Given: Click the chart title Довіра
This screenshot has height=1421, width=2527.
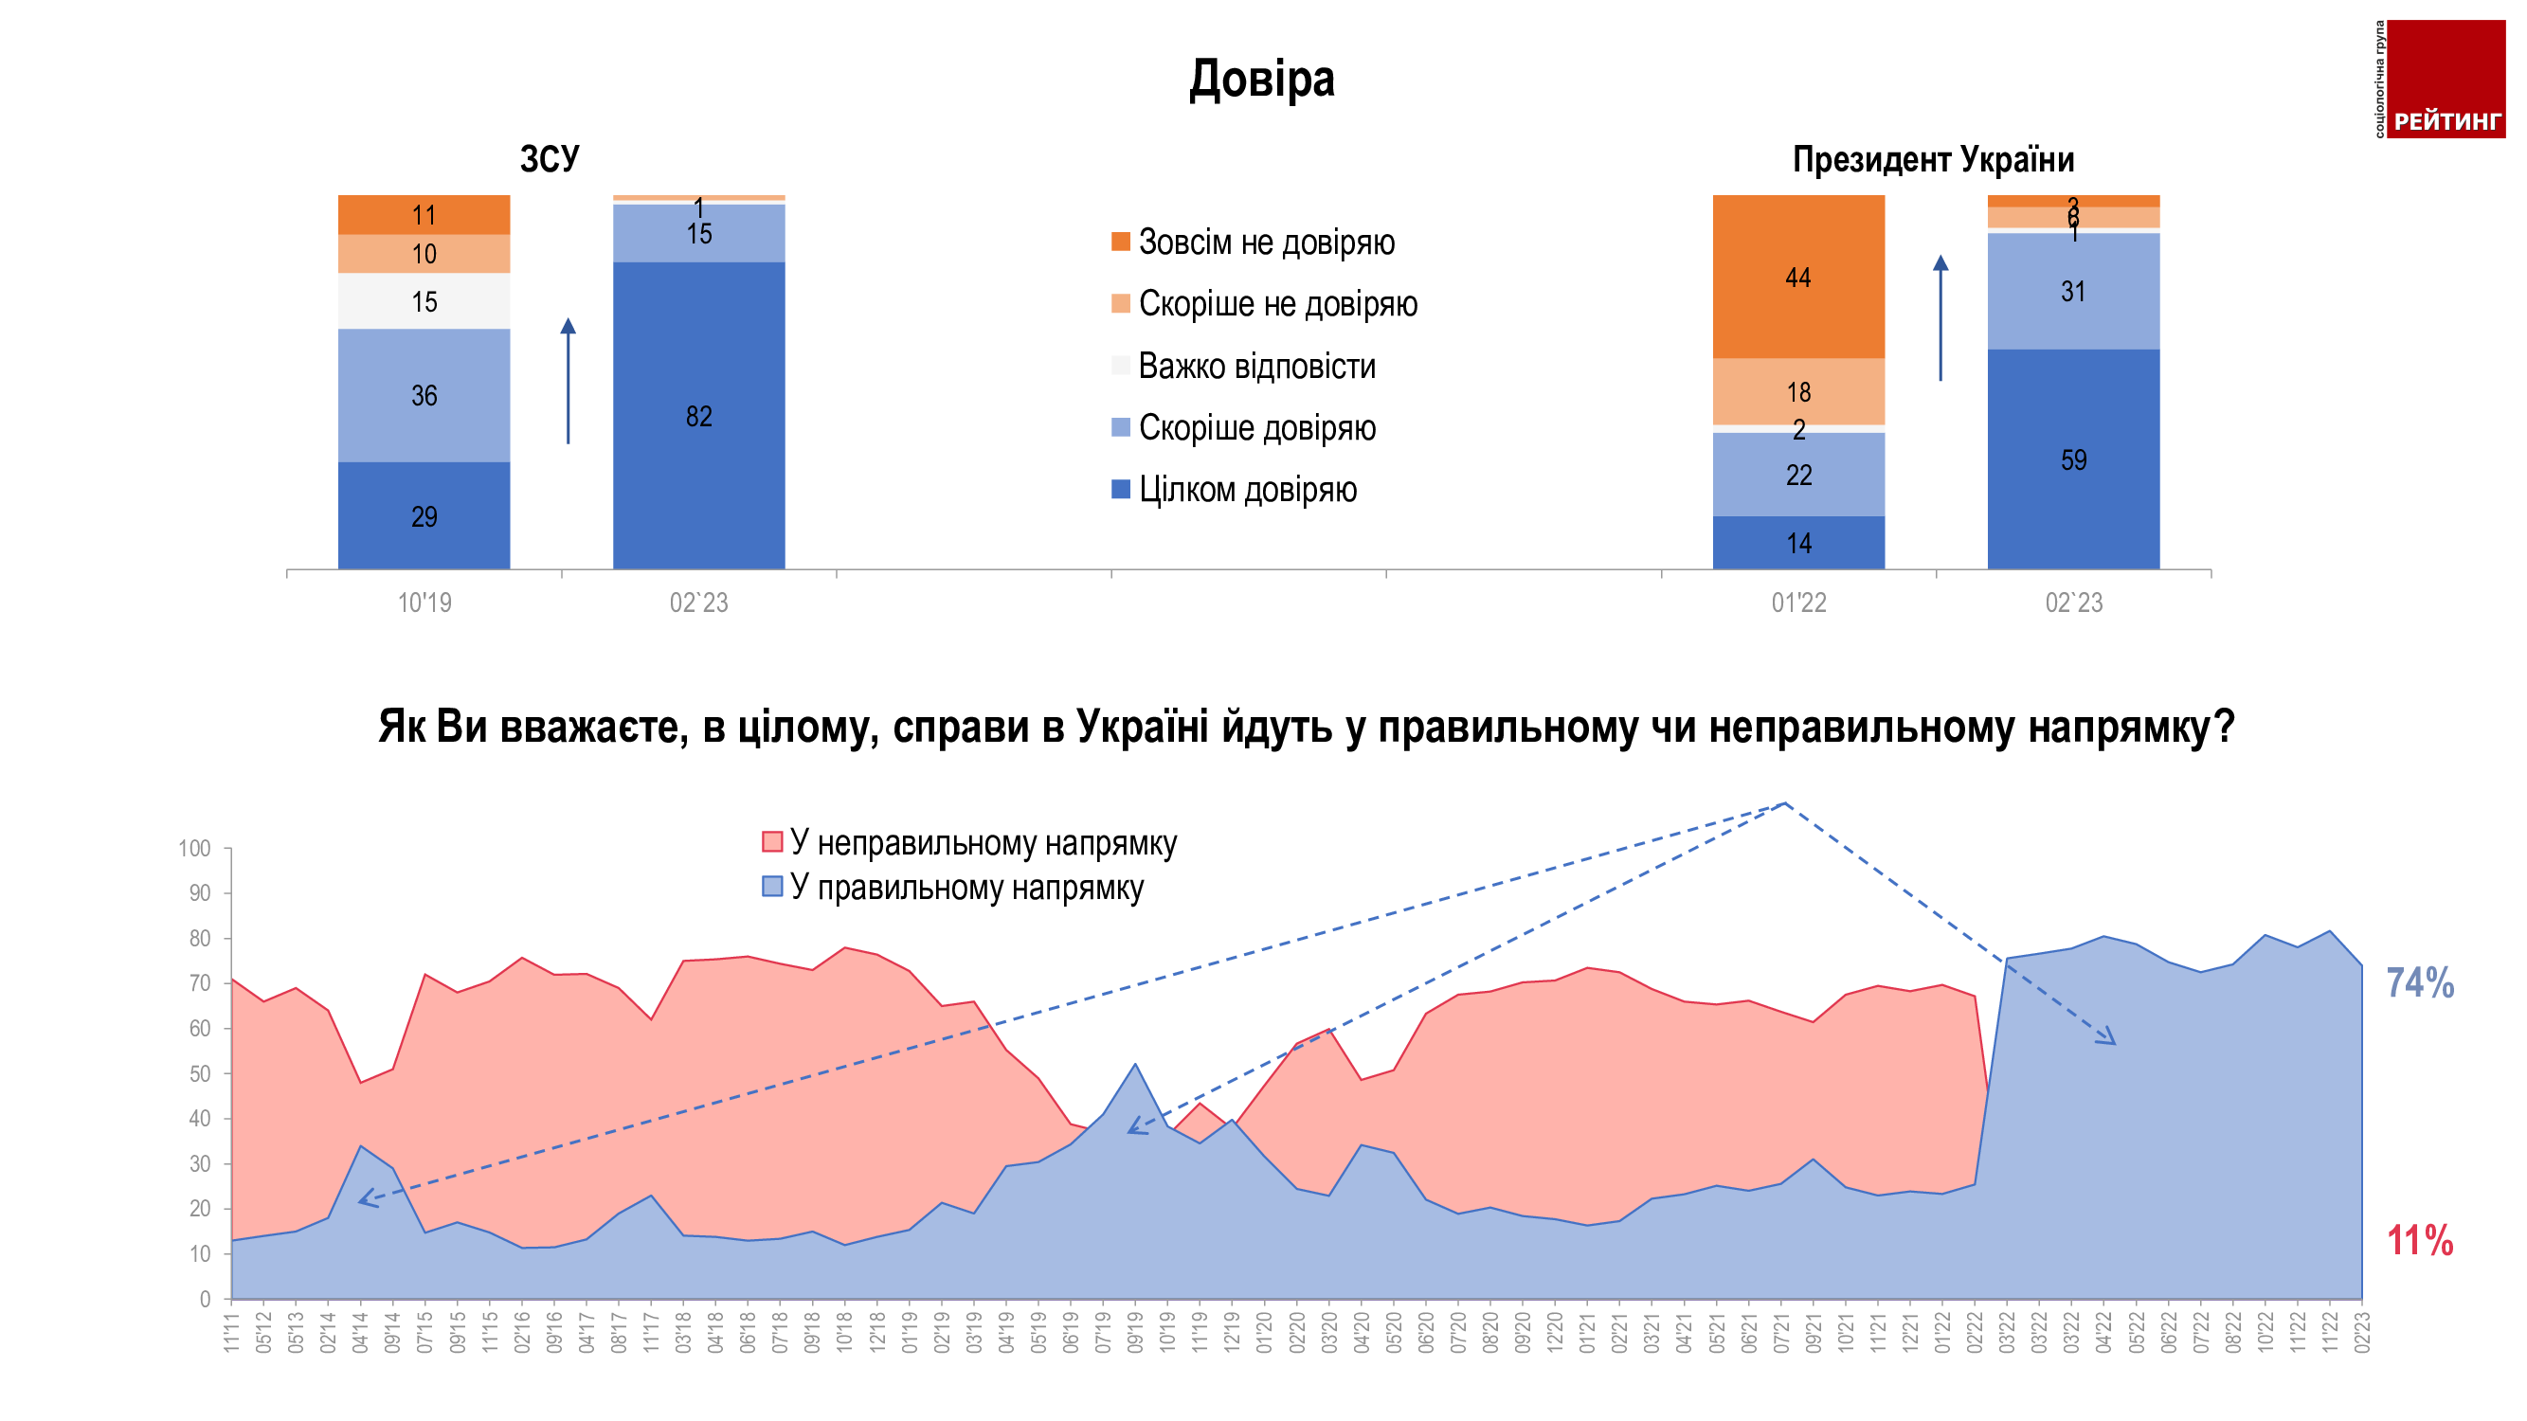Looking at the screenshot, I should coord(1261,79).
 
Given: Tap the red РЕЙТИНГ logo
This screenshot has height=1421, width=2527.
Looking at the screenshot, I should coord(2445,79).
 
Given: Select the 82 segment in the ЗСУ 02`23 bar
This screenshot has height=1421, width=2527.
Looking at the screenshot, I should coord(698,416).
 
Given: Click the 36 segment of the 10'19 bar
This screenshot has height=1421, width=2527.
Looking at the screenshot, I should coord(424,395).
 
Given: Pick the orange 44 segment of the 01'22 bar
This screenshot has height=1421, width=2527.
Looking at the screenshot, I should coord(1797,277).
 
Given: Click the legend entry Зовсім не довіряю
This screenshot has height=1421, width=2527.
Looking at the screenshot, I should coord(1266,243).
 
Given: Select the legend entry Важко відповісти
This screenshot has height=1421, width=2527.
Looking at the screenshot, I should coord(1255,366).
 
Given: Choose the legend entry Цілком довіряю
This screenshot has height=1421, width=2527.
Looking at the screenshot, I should coord(1247,490).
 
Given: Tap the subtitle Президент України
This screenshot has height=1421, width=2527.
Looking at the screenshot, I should coord(1933,159).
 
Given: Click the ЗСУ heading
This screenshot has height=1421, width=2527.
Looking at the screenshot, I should coord(550,159).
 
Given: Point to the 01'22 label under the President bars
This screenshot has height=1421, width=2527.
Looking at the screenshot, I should coord(1798,603).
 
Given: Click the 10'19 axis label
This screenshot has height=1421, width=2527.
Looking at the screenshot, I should coord(424,603).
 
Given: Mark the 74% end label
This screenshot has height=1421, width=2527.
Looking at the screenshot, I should coord(2419,982).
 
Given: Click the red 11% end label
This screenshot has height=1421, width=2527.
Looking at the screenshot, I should coord(2419,1241).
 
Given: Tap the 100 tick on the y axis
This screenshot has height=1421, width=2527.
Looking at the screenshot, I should coord(194,848).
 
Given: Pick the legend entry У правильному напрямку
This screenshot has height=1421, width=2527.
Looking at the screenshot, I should coord(966,888).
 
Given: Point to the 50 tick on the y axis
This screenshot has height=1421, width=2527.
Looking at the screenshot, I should coord(199,1074).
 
